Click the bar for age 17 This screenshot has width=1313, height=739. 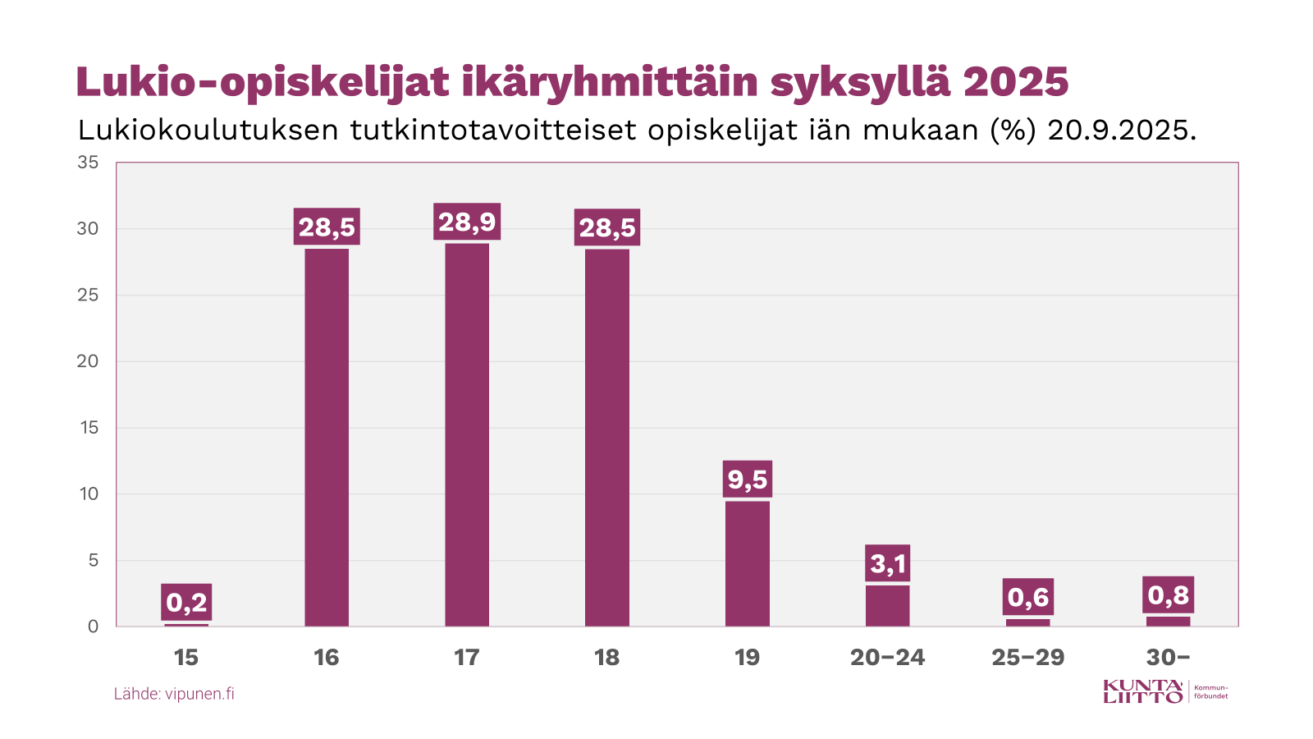click(x=467, y=435)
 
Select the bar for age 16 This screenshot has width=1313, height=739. click(x=327, y=438)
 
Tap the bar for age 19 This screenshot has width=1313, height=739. click(x=748, y=563)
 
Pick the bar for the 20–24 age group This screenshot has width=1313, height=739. click(x=888, y=606)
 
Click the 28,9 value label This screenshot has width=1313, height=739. click(x=467, y=222)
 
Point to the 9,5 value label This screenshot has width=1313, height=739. click(x=748, y=479)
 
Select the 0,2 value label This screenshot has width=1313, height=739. click(x=186, y=602)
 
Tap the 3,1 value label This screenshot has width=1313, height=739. click(x=888, y=563)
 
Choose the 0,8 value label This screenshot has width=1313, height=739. click(x=1168, y=594)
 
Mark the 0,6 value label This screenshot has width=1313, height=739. click(x=1028, y=597)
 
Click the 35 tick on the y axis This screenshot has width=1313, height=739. click(x=88, y=163)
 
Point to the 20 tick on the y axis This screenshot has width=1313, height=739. click(x=88, y=361)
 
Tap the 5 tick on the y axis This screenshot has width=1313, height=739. click(x=93, y=560)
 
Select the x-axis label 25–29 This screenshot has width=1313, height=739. click(x=1028, y=658)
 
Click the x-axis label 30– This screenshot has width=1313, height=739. click(x=1168, y=658)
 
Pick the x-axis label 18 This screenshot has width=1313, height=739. click(x=607, y=658)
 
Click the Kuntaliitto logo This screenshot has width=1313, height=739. click(x=1165, y=691)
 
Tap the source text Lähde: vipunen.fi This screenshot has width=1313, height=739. click(x=174, y=694)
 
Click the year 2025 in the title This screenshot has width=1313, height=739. click(x=1016, y=82)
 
